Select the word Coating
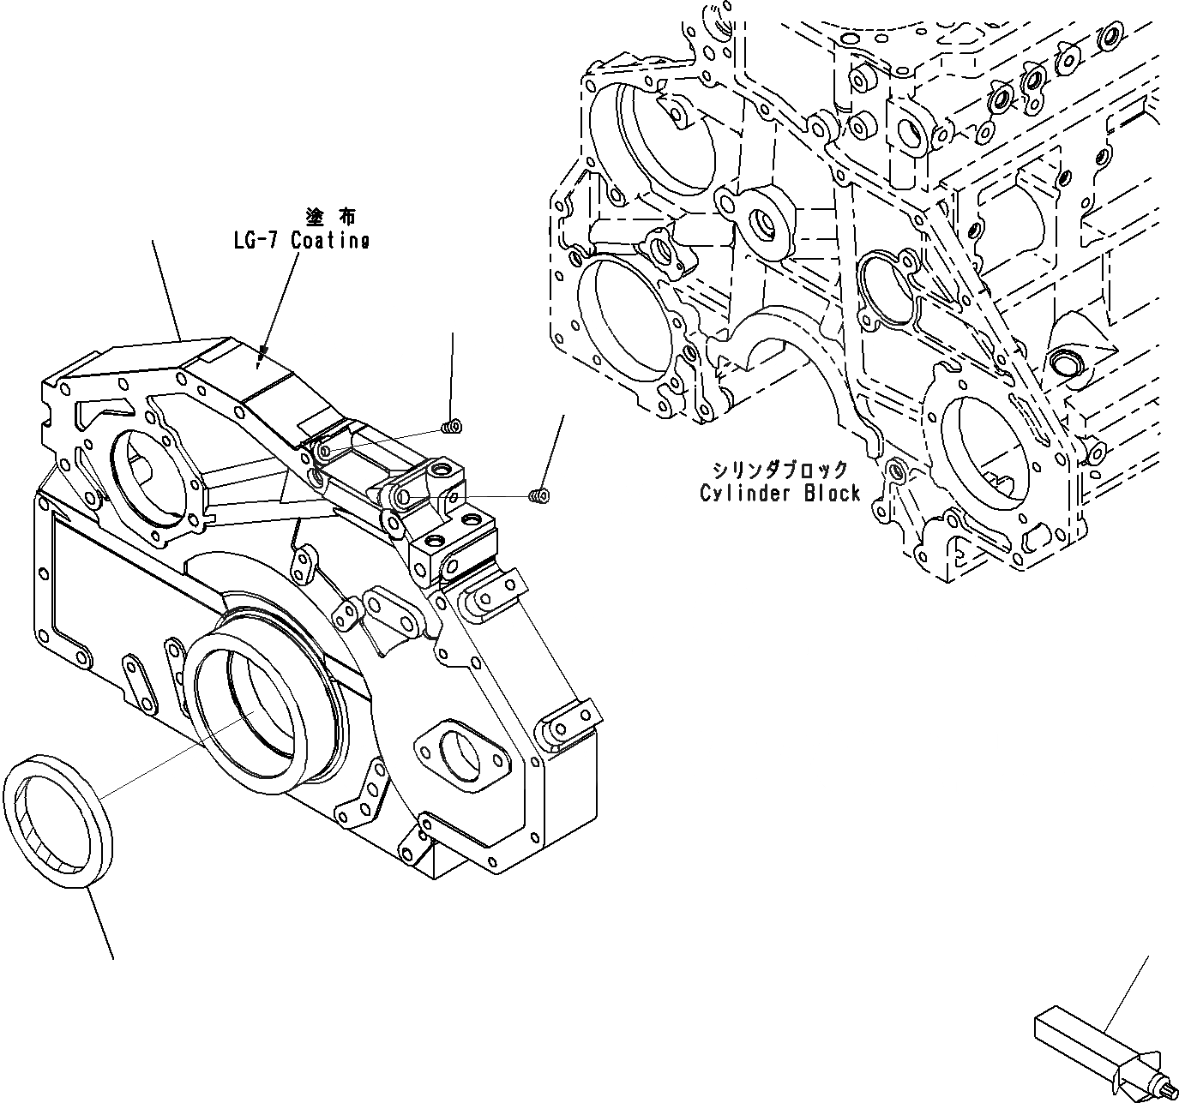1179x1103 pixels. tap(330, 241)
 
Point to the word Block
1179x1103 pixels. tap(831, 494)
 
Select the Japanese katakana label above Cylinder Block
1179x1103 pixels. tap(779, 470)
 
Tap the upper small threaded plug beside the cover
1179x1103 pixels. tap(451, 426)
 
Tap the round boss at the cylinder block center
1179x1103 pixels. tap(761, 222)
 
